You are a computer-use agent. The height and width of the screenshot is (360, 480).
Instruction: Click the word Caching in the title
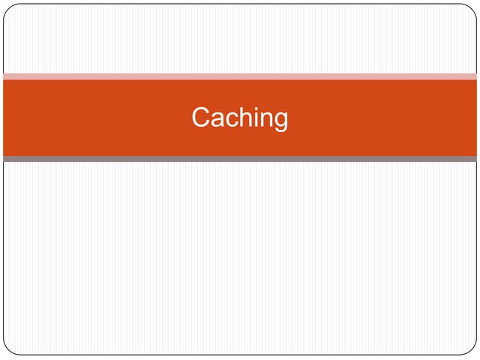(x=240, y=118)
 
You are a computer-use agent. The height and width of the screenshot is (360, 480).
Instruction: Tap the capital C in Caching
(x=200, y=117)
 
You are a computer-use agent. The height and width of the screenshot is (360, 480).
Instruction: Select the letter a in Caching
(x=219, y=119)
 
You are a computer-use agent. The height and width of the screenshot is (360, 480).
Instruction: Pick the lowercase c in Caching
(x=234, y=119)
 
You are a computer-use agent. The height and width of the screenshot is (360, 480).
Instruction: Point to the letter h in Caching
(x=249, y=117)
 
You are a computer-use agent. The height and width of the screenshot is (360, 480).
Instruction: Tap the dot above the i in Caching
(x=260, y=108)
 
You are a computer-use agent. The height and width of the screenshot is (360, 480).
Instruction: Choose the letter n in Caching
(x=271, y=119)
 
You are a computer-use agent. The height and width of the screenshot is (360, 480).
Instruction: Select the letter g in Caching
(x=282, y=121)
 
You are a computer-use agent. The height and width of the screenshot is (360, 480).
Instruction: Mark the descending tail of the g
(x=281, y=130)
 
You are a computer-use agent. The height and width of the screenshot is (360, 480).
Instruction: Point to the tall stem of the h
(x=244, y=117)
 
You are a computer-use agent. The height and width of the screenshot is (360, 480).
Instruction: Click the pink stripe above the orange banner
(x=240, y=76)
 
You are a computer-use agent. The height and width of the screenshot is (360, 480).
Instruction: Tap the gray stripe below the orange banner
(x=240, y=159)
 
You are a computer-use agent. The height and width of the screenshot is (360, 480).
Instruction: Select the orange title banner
(x=240, y=118)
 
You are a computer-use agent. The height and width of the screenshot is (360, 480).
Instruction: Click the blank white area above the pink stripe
(x=240, y=39)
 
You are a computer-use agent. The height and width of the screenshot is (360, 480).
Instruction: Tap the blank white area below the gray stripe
(x=240, y=258)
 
